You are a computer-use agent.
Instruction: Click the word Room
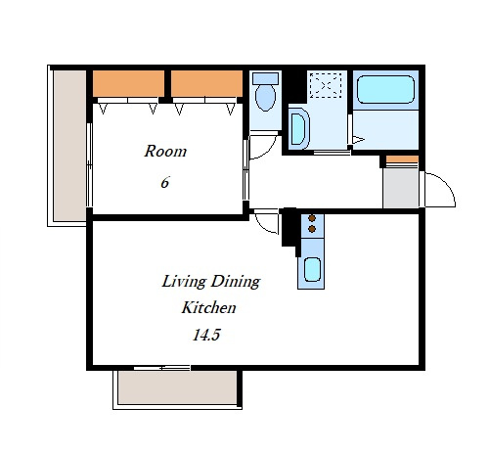[x=165, y=151]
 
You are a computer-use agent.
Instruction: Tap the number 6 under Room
[x=165, y=182]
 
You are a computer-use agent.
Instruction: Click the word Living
[x=184, y=282]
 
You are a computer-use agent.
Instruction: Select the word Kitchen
[x=208, y=307]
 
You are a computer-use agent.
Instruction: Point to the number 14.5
[x=206, y=335]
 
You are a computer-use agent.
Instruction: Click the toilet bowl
[x=265, y=97]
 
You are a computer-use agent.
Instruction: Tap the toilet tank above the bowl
[x=266, y=78]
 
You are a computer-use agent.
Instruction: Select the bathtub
[x=385, y=90]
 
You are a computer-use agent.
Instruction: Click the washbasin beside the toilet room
[x=299, y=128]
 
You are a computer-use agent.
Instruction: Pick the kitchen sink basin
[x=312, y=269]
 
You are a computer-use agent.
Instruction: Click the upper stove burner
[x=312, y=218]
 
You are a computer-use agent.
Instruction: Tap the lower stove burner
[x=312, y=229]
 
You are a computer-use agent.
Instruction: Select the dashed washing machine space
[x=326, y=85]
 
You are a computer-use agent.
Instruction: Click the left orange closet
[x=128, y=83]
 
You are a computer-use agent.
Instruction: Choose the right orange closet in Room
[x=206, y=83]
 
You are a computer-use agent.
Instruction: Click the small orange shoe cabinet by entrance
[x=402, y=159]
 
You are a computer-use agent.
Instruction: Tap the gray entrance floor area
[x=401, y=188]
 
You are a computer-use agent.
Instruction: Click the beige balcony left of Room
[x=69, y=146]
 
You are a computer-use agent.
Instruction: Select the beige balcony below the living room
[x=177, y=387]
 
